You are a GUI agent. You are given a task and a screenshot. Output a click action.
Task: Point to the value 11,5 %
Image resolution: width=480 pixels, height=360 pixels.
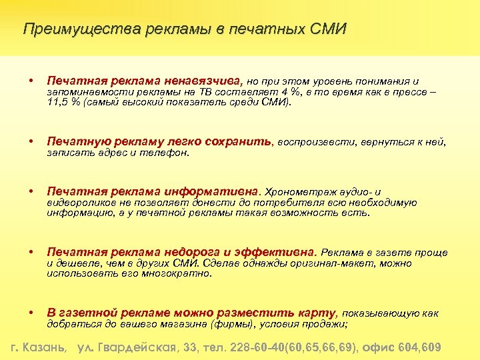[64, 103]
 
